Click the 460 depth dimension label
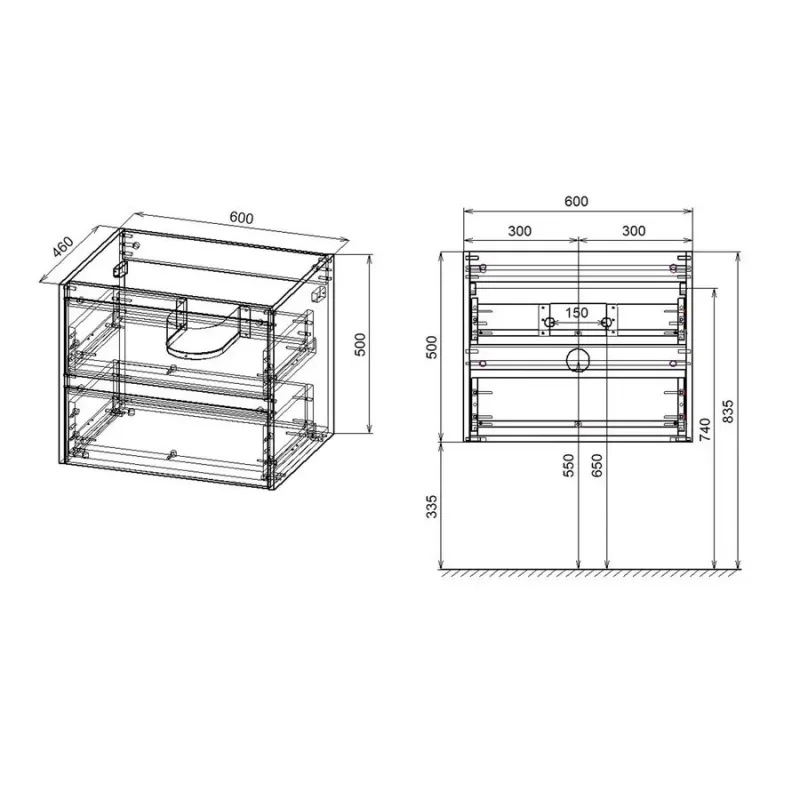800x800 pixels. click(64, 247)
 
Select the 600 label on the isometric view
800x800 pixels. click(241, 218)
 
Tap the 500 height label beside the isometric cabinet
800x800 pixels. click(360, 345)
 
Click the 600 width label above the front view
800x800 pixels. click(576, 201)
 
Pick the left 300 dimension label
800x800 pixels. click(520, 231)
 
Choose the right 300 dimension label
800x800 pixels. click(634, 231)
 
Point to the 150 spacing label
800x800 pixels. click(577, 312)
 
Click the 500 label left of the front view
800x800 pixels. click(432, 347)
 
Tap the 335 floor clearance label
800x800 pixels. click(432, 506)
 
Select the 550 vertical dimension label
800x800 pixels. click(569, 465)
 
